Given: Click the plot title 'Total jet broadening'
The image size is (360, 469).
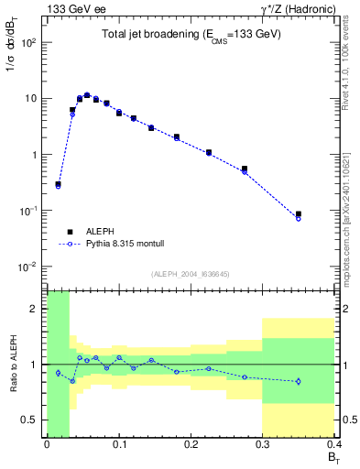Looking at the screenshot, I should (x=191, y=34).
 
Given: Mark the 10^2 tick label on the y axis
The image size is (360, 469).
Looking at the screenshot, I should (x=29, y=43).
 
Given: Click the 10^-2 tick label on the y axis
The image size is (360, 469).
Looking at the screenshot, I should (x=28, y=267).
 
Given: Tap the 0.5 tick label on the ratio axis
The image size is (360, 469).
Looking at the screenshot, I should (x=31, y=420).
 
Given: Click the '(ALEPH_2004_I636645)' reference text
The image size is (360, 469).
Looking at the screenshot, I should (x=190, y=273).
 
